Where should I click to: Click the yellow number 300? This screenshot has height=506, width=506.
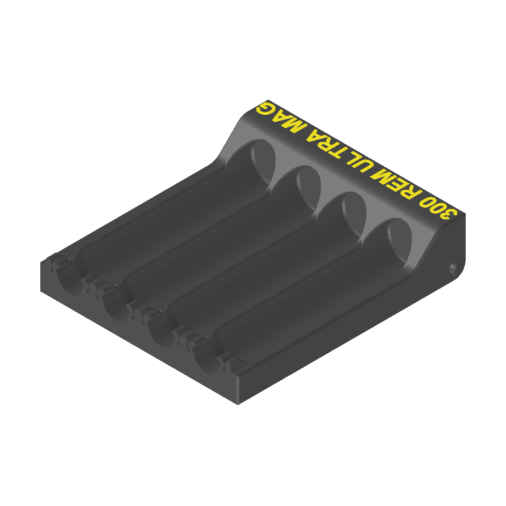pos(437,207)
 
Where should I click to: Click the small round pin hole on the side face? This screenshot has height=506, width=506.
pos(453,267)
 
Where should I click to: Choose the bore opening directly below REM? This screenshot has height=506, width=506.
pos(354,216)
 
